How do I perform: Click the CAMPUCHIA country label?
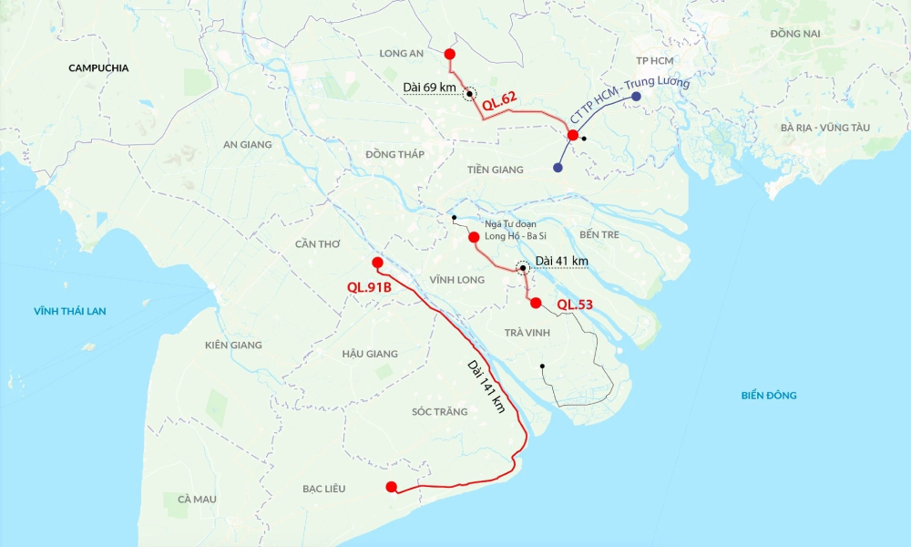click(x=98, y=67)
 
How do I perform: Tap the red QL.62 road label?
click(x=499, y=104)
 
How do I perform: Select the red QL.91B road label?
click(x=369, y=287)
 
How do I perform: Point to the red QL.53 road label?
click(x=575, y=304)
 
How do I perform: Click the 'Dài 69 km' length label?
click(x=428, y=87)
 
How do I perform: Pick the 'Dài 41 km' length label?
click(x=561, y=262)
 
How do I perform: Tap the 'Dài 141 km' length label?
click(x=486, y=387)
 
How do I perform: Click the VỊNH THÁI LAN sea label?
click(x=70, y=311)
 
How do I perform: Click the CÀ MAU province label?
click(x=197, y=499)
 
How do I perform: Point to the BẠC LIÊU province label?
click(x=323, y=489)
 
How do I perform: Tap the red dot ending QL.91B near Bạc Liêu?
click(x=391, y=487)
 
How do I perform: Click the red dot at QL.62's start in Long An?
click(x=450, y=55)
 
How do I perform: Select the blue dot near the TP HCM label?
click(x=635, y=96)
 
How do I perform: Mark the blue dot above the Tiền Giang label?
click(x=558, y=168)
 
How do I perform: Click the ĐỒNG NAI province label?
click(x=794, y=34)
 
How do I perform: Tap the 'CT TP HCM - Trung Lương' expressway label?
click(x=629, y=102)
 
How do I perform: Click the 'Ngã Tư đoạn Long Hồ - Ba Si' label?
click(x=510, y=230)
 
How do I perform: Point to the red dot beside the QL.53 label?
click(x=536, y=303)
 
